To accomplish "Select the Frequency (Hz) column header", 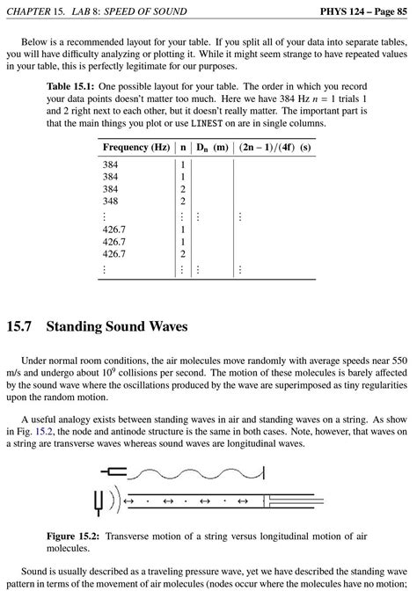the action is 135,147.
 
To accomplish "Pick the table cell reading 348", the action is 110,201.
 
